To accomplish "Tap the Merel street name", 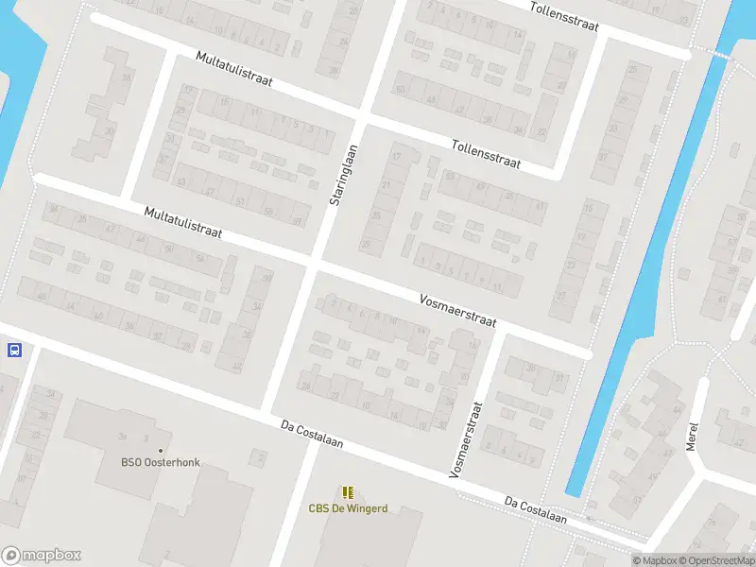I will point(692,436).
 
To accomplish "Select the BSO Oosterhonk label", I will point(160,462).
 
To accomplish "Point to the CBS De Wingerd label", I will point(348,508).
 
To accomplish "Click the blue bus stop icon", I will point(14,351).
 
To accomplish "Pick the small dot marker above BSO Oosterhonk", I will point(160,450).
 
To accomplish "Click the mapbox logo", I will point(42,556).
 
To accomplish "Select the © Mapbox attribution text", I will point(655,560).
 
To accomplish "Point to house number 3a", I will point(122,438).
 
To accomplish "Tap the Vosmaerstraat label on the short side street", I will point(466,438).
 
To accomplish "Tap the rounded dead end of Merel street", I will point(701,384).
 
